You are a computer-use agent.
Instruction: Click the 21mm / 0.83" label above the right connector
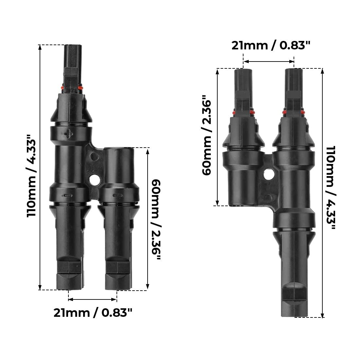click(x=270, y=45)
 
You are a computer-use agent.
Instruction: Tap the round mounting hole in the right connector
click(x=269, y=174)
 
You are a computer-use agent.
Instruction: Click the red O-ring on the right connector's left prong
click(x=243, y=113)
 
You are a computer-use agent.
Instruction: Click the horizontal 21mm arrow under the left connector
click(x=93, y=299)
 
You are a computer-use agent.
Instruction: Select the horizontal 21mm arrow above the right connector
click(x=269, y=61)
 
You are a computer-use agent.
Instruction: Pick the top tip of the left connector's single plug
click(x=72, y=46)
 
